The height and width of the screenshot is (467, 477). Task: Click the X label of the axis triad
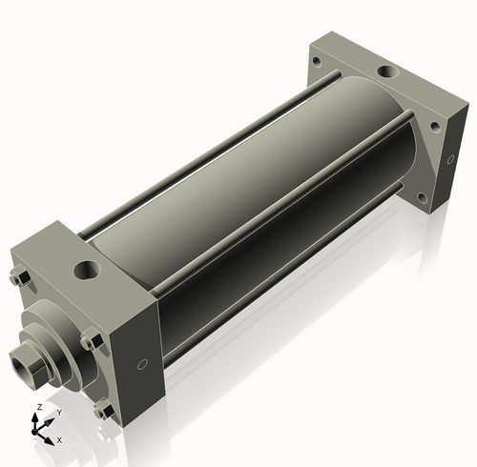tap(59, 440)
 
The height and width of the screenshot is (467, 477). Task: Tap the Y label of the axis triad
tap(59, 413)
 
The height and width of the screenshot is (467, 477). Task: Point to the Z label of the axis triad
tap(40, 407)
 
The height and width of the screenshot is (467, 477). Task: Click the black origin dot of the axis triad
tap(34, 432)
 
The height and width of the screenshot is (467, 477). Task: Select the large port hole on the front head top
tap(87, 271)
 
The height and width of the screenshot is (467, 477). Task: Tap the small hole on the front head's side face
tap(142, 364)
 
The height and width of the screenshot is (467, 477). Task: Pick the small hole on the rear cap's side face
tap(450, 159)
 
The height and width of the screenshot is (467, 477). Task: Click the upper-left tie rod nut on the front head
tap(20, 278)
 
